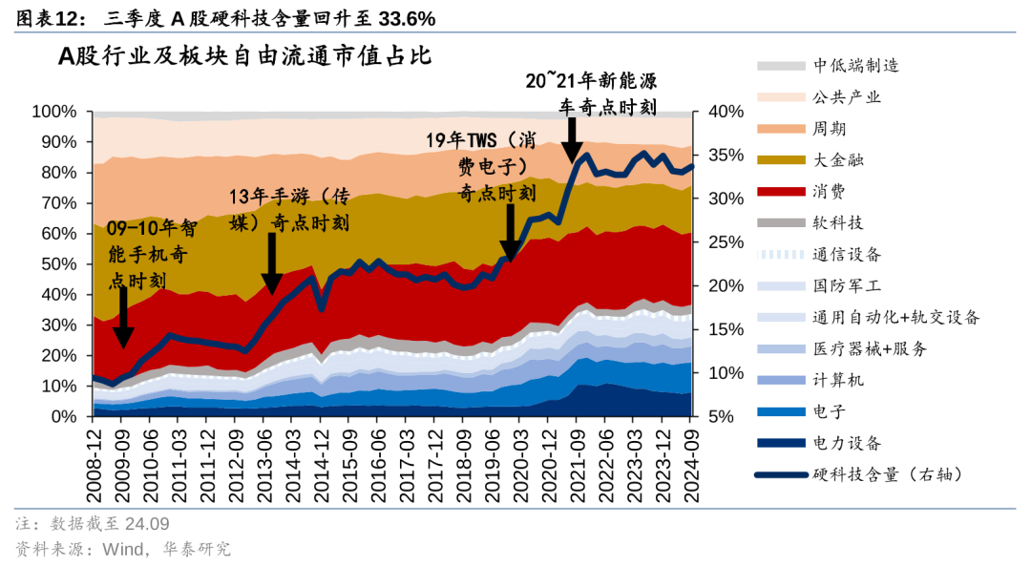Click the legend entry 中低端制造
855,66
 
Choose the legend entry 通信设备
847,255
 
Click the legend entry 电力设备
847,443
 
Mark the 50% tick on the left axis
58,264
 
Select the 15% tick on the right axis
726,329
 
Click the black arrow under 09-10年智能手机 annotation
123,318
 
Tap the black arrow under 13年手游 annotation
272,264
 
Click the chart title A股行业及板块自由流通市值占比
245,56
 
